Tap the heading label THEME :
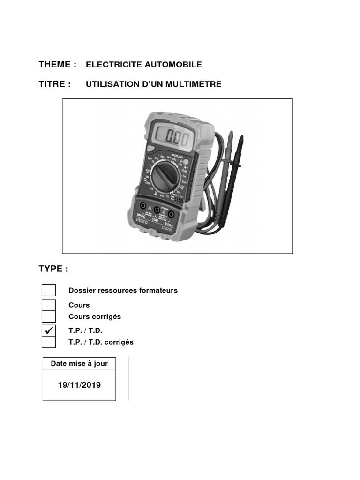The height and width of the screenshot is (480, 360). (57, 64)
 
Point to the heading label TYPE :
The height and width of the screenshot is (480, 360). (53, 269)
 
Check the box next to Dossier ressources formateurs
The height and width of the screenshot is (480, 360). (49, 290)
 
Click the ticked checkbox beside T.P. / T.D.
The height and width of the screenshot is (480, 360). (49, 330)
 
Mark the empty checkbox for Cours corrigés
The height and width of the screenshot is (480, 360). (49, 317)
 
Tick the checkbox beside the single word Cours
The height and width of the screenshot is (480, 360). (49, 305)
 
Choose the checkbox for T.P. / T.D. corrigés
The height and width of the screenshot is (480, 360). (49, 342)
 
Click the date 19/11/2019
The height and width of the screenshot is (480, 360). (79, 385)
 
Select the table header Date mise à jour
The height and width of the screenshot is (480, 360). (79, 363)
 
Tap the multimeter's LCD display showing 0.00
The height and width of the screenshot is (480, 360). (171, 138)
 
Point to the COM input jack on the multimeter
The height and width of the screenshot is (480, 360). (156, 210)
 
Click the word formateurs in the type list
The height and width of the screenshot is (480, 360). (158, 290)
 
